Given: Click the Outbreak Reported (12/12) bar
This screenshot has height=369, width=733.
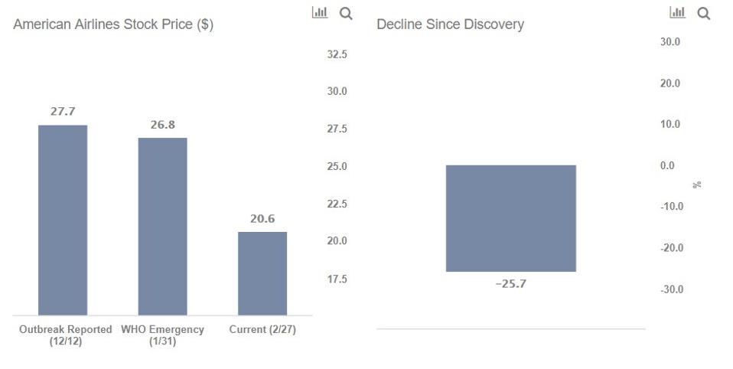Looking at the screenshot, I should pyautogui.click(x=63, y=220).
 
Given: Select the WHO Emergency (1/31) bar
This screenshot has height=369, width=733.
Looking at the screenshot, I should pyautogui.click(x=162, y=226).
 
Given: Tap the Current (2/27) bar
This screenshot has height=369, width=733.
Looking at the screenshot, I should pyautogui.click(x=262, y=273).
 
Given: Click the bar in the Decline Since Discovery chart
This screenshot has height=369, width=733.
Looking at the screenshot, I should pyautogui.click(x=510, y=218).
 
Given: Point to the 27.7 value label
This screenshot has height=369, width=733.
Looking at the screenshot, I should pyautogui.click(x=63, y=112).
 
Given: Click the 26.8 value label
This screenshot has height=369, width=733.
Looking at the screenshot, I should pyautogui.click(x=162, y=124).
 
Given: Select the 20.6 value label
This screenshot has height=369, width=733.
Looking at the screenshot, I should pyautogui.click(x=262, y=219).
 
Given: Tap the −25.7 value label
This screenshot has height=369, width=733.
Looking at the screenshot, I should pyautogui.click(x=510, y=284).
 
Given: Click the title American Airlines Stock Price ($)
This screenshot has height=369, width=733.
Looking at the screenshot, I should pyautogui.click(x=113, y=24).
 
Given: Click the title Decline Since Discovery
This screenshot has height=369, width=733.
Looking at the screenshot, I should pyautogui.click(x=450, y=24).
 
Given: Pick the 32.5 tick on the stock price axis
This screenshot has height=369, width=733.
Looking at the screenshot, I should pyautogui.click(x=337, y=54).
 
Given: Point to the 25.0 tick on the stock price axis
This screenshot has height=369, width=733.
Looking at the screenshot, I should pyautogui.click(x=337, y=167).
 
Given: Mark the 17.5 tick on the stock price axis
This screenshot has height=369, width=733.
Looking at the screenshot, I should pyautogui.click(x=337, y=279).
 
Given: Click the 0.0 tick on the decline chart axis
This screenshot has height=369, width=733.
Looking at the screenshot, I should pyautogui.click(x=667, y=165).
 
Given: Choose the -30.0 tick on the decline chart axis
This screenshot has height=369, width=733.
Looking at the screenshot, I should pyautogui.click(x=671, y=289).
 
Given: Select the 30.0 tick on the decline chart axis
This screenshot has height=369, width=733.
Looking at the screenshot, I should pyautogui.click(x=670, y=41).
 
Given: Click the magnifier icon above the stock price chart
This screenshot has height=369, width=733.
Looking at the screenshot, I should pyautogui.click(x=346, y=13).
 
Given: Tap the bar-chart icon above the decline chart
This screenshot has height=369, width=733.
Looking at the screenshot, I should pyautogui.click(x=677, y=12).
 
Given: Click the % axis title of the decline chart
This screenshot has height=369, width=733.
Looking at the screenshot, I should pyautogui.click(x=697, y=184).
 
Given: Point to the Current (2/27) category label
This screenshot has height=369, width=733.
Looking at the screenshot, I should pyautogui.click(x=262, y=330).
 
